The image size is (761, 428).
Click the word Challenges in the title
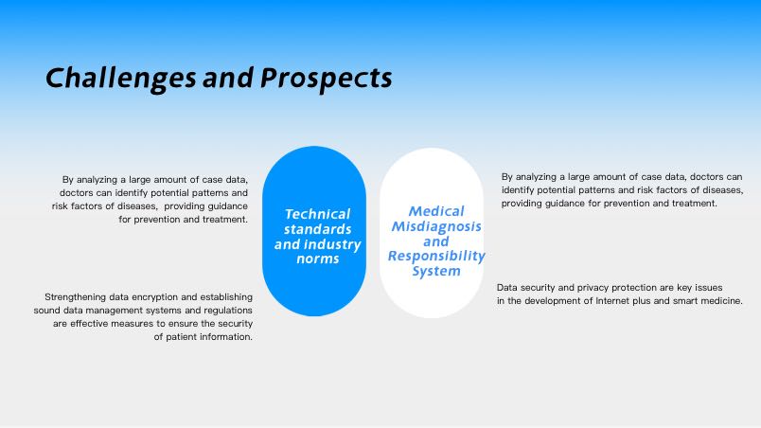coord(121,79)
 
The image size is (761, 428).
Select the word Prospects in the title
coord(327,79)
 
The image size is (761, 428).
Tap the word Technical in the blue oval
coord(317,214)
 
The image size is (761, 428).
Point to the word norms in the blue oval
coord(317,259)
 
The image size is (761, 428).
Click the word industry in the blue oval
coord(334,244)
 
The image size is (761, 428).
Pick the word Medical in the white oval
coord(436,211)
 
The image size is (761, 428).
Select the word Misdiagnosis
coord(436,226)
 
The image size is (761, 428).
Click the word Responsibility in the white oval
coord(436,256)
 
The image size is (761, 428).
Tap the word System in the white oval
coord(436,271)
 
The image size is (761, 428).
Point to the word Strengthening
coord(75,297)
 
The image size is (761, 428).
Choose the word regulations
coord(228,310)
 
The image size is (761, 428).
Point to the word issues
coord(709,287)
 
